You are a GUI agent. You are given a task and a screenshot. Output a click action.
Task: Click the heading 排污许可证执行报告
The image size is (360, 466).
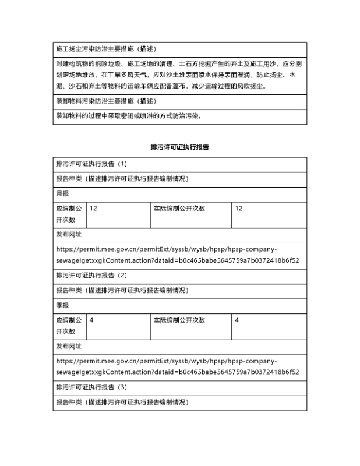point(179,147)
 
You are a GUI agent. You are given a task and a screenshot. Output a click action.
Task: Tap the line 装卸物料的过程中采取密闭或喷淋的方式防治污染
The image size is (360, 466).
point(129,115)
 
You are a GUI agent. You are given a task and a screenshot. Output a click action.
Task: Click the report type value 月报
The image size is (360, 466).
point(62,194)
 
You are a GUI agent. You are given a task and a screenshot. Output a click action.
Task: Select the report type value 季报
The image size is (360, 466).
point(62,305)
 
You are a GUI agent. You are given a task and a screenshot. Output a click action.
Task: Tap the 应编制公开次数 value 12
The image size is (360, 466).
point(93,209)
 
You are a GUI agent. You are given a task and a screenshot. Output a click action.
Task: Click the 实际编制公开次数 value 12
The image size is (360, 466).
point(239,209)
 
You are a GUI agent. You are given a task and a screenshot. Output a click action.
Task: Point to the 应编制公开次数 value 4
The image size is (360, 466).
point(91,320)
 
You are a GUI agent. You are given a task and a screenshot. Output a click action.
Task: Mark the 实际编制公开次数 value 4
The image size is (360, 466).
point(237,320)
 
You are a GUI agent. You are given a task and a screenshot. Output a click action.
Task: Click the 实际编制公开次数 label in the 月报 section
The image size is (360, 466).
point(179,209)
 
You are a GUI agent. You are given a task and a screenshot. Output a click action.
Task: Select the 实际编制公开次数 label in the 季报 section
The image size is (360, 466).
point(179,320)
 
